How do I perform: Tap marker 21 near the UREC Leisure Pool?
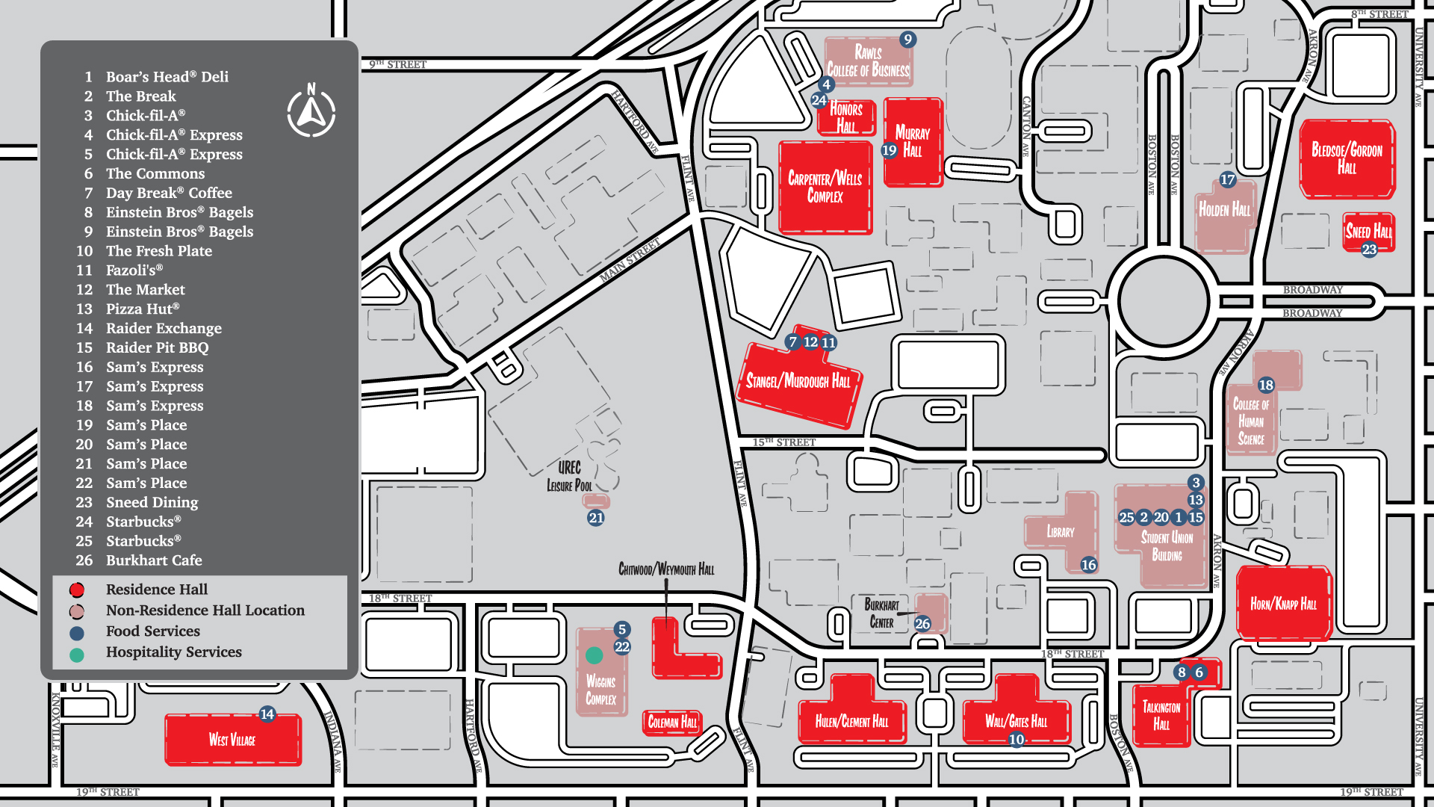[x=595, y=518]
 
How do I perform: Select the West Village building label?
[x=232, y=740]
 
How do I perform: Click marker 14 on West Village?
[x=267, y=714]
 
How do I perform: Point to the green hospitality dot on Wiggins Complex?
[x=594, y=655]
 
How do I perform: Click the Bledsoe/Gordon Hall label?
[x=1347, y=158]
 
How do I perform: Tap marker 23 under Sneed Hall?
[x=1369, y=250]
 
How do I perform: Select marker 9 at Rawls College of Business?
[x=907, y=40]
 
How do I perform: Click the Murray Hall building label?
[x=913, y=142]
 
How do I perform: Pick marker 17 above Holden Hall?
[x=1228, y=179]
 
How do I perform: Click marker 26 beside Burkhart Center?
[x=922, y=623]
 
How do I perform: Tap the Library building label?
[x=1061, y=532]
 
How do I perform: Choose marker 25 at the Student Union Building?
[x=1126, y=517]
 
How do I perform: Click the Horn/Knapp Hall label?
[x=1283, y=604]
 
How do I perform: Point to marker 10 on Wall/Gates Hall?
[x=1016, y=740]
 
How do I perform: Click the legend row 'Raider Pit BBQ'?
[x=157, y=347]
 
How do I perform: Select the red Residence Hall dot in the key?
[x=77, y=590]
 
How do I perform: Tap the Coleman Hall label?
[x=672, y=722]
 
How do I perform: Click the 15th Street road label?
[x=783, y=442]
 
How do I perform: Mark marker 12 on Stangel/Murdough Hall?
[x=810, y=342]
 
